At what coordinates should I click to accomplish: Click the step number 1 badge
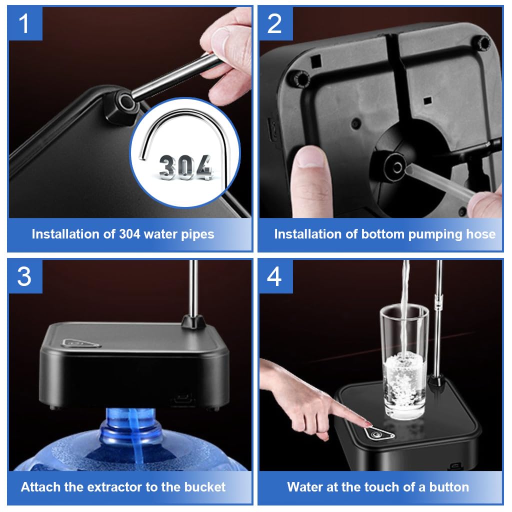[x=25, y=23]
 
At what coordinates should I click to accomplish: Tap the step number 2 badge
[x=275, y=23]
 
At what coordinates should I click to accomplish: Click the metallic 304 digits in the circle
[x=185, y=167]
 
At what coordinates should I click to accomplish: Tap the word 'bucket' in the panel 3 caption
[x=204, y=487]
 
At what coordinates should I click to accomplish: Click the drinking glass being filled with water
[x=404, y=362]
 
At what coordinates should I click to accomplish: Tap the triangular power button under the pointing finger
[x=379, y=433]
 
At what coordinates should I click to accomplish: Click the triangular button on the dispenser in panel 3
[x=81, y=343]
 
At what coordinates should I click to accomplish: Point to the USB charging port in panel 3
[x=183, y=398]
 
